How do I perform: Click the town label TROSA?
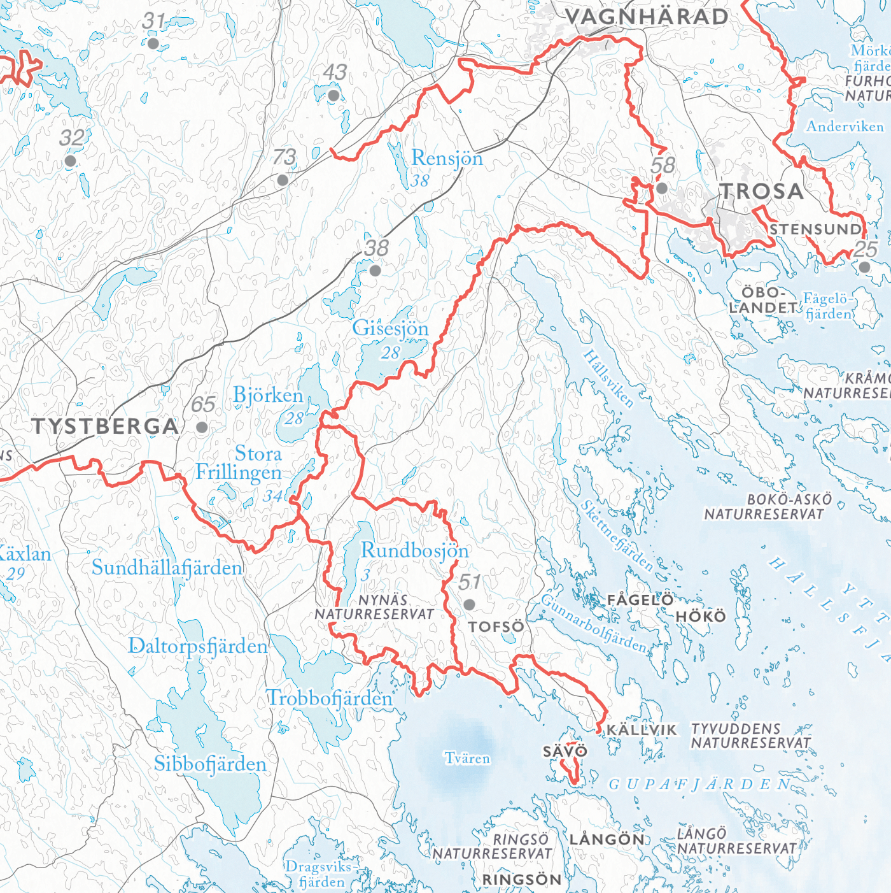pos(761,191)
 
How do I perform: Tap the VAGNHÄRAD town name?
pos(647,17)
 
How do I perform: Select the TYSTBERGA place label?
pos(105,426)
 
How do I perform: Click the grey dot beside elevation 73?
pos(283,180)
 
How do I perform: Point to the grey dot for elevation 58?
pos(662,188)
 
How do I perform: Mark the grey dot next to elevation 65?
pos(202,427)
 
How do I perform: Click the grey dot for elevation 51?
pos(469,604)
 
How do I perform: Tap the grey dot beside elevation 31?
pos(153,43)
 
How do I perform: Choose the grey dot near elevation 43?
pos(333,96)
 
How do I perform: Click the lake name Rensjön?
pos(447,158)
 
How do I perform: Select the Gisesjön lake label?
pos(390,329)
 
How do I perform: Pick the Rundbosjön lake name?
pos(414,551)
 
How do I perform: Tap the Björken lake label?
pos(268,396)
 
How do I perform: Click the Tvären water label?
pos(467,759)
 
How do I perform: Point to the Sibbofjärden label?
pos(210,764)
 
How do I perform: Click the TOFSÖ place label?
pos(496,627)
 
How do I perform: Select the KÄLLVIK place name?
pos(642,730)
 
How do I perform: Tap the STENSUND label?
pos(815,229)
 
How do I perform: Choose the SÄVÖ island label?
pos(565,752)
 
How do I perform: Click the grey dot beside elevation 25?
pos(864,267)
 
